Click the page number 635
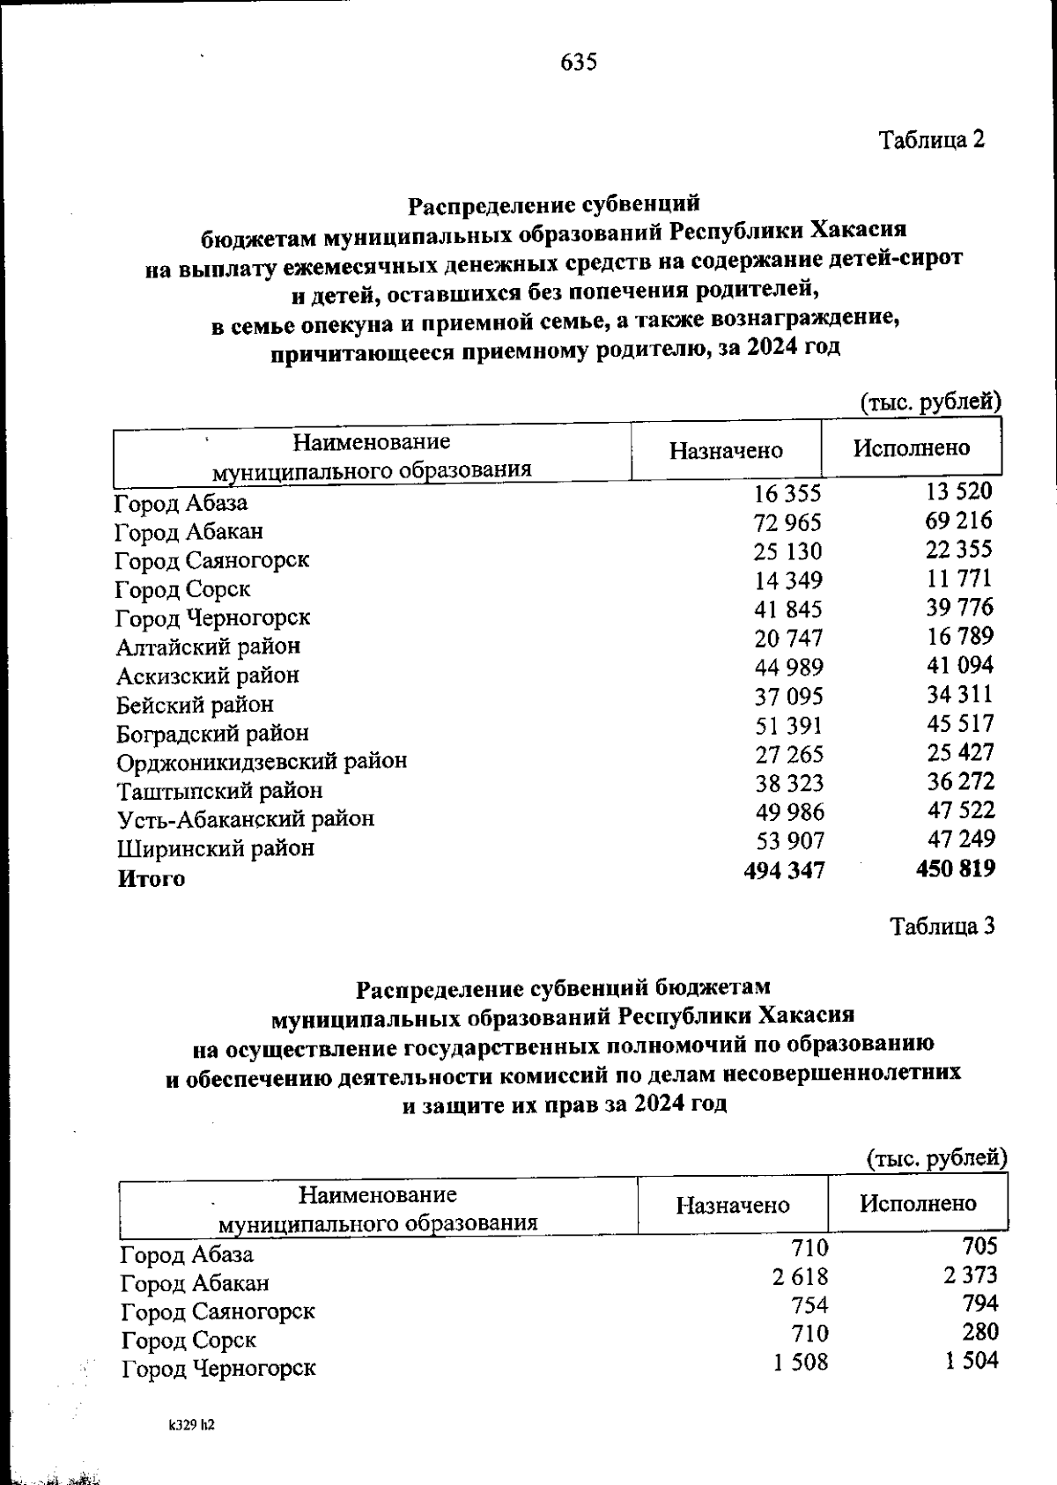579,63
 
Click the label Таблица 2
932,139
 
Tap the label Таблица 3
943,927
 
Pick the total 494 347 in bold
785,871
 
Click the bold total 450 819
956,869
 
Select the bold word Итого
152,878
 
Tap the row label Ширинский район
216,848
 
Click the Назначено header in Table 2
726,451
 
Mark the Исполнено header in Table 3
918,1203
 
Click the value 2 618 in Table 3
801,1276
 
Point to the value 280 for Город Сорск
979,1332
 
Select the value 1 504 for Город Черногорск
972,1361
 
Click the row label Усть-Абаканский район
246,819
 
